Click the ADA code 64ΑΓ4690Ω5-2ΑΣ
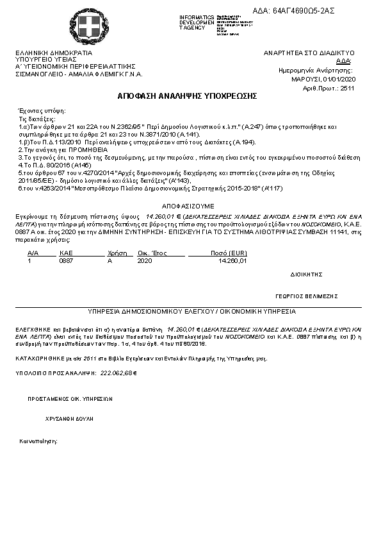[x=312, y=11]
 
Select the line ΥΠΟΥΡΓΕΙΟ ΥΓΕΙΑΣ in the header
[x=41, y=60]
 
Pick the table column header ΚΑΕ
[x=66, y=253]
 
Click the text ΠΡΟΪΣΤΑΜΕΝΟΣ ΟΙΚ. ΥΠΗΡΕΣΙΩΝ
[x=66, y=398]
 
